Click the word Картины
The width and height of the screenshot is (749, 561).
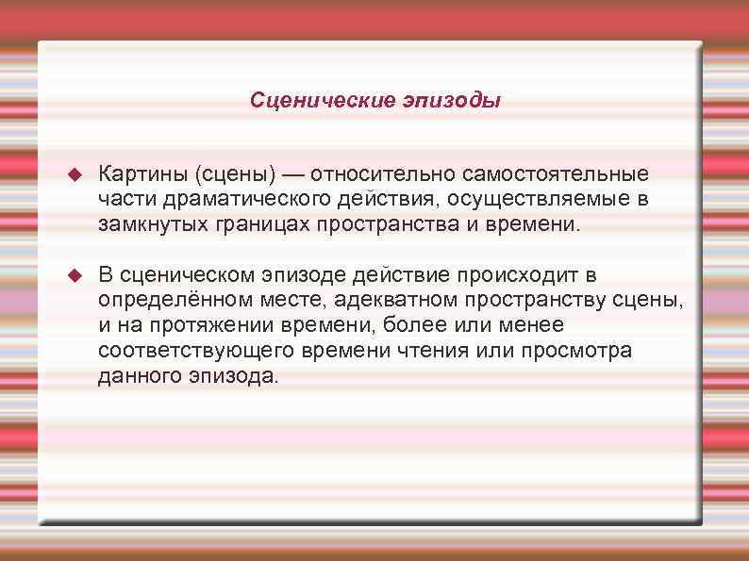[x=143, y=175]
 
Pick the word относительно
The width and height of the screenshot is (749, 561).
[x=383, y=175]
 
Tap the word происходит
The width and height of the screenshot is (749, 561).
[x=513, y=275]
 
